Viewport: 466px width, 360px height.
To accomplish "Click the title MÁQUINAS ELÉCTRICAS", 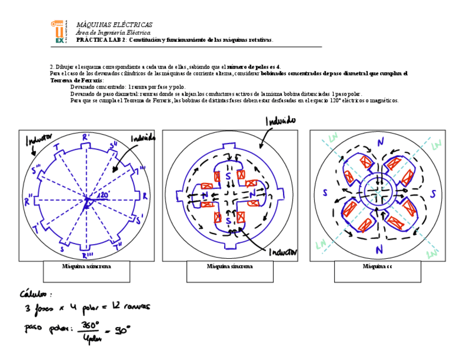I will tap(114, 25).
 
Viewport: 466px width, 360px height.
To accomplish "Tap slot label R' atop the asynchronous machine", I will tap(86, 136).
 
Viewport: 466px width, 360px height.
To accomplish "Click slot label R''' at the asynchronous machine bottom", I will tap(87, 256).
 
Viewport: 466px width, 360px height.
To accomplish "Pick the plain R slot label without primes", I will tap(145, 195).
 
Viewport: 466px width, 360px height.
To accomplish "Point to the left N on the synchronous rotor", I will tap(204, 196).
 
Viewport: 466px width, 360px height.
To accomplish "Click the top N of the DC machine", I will tap(380, 142).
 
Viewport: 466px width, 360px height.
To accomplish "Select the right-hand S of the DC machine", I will tap(432, 194).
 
